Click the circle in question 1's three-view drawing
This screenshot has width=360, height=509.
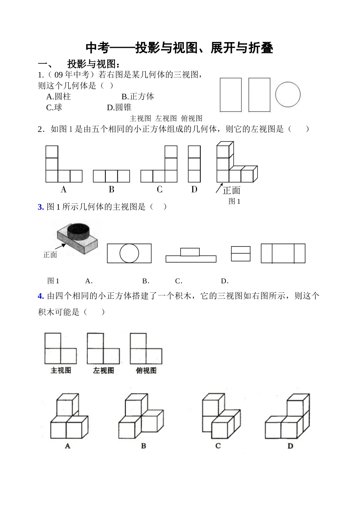click(x=288, y=94)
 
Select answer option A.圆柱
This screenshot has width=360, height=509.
click(x=58, y=97)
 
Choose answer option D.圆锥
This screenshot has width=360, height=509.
click(x=119, y=108)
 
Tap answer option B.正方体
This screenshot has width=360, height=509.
click(x=138, y=97)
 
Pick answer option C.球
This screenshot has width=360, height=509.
click(x=54, y=108)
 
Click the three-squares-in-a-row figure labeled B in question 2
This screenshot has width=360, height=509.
click(x=111, y=176)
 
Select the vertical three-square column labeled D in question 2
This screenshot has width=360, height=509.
click(x=194, y=164)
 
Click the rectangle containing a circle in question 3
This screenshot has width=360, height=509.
click(x=129, y=253)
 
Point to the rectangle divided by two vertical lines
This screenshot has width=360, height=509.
click(x=283, y=253)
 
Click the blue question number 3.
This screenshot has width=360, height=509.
click(x=41, y=207)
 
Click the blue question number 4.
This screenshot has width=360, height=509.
click(x=41, y=296)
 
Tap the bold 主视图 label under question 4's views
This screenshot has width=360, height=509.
click(x=61, y=371)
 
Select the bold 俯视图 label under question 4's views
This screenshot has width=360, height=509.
click(x=146, y=371)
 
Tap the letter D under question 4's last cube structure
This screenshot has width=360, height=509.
click(x=290, y=446)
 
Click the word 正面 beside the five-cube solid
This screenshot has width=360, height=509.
click(x=232, y=190)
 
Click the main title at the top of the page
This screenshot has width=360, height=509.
click(x=179, y=48)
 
